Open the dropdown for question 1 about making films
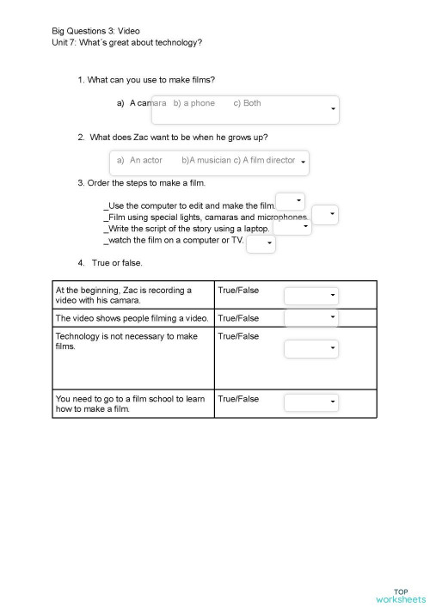point(245,109)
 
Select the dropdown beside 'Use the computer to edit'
point(290,201)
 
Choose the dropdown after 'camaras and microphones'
point(325,215)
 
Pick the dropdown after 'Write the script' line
point(292,228)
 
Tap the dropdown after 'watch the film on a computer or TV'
point(261,244)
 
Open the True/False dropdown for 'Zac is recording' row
point(312,296)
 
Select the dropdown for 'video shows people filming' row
point(312,317)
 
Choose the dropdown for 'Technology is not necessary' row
point(312,348)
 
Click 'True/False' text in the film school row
point(238,399)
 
